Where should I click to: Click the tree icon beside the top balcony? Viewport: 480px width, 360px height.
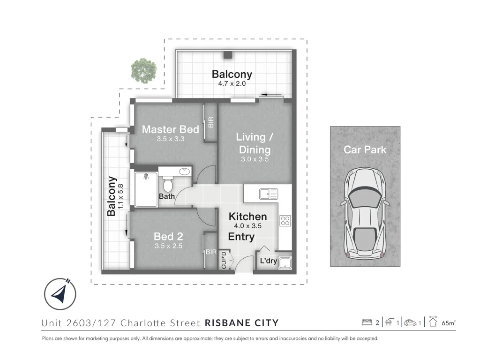tap(143, 70)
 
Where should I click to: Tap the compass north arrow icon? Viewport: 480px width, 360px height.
tap(60, 294)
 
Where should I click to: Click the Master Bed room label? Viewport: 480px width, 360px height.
tap(170, 129)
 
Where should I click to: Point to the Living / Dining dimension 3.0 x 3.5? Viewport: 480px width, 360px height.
tap(255, 159)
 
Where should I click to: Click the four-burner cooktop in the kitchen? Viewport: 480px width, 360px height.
tap(285, 220)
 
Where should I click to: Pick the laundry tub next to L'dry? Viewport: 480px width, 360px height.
tap(285, 263)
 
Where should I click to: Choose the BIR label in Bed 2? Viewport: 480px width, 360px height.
tap(210, 252)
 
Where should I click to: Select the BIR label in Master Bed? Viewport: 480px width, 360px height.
tap(210, 122)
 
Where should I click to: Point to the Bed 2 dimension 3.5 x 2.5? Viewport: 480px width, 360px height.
tap(168, 246)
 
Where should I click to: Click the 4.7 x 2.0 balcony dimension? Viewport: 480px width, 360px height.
tap(232, 84)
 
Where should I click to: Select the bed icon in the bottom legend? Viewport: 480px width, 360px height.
tap(367, 322)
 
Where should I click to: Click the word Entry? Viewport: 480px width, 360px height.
tap(241, 237)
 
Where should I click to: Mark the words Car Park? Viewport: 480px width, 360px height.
tap(365, 150)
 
